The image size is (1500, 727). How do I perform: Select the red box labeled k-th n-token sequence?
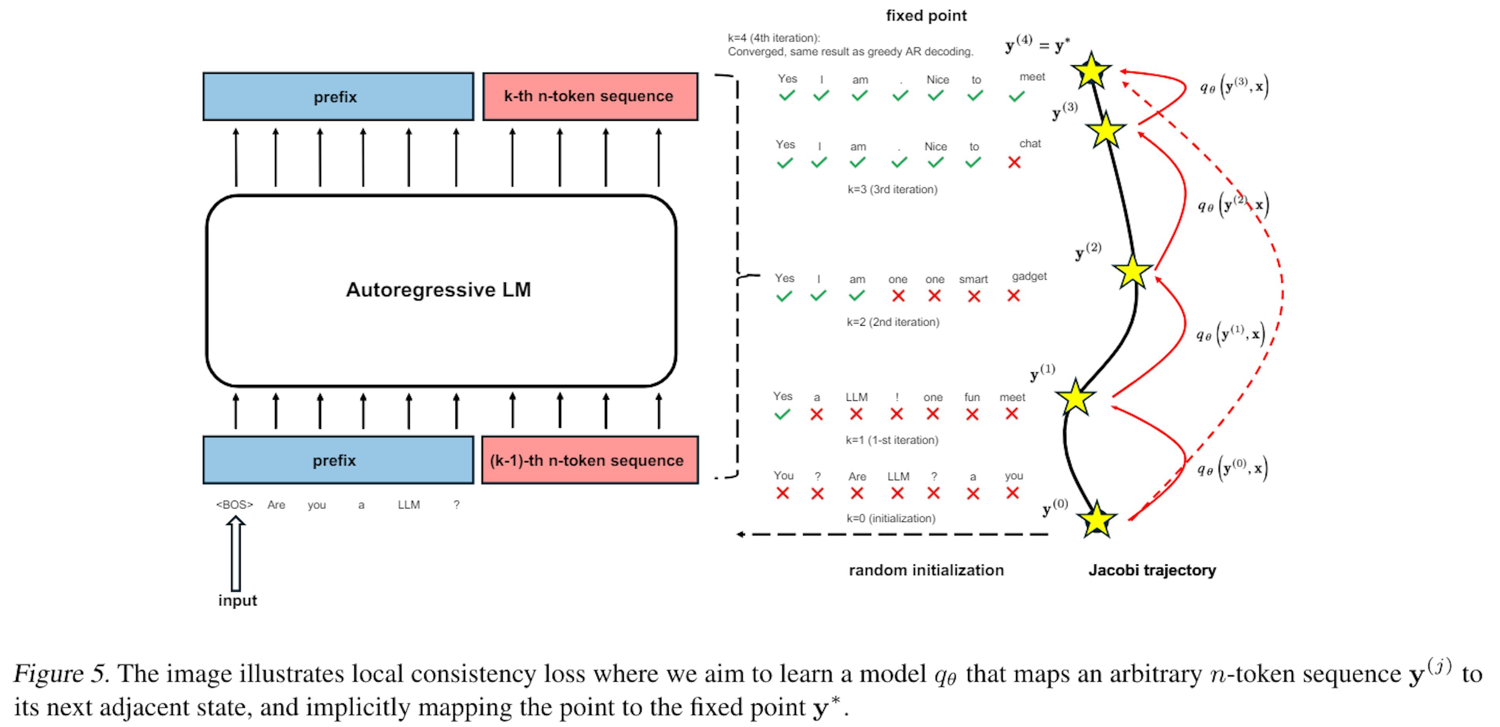pyautogui.click(x=589, y=97)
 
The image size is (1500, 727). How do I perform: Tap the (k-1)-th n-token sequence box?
pyautogui.click(x=589, y=460)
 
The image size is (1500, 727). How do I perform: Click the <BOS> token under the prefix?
pyautogui.click(x=235, y=505)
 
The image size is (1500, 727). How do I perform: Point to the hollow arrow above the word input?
pyautogui.click(x=236, y=553)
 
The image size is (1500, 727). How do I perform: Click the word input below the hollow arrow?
pyautogui.click(x=237, y=601)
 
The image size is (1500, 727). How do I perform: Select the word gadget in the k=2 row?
pyautogui.click(x=1029, y=276)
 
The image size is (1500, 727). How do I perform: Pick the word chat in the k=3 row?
pyautogui.click(x=1030, y=143)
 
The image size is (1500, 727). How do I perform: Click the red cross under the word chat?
pyautogui.click(x=1014, y=163)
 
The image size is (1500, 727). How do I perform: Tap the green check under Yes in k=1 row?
pyautogui.click(x=782, y=414)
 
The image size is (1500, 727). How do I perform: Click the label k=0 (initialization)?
pyautogui.click(x=891, y=518)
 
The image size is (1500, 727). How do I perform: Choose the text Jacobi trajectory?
pyautogui.click(x=1152, y=570)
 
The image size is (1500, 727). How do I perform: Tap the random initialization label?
pyautogui.click(x=926, y=570)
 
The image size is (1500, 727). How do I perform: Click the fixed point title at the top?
pyautogui.click(x=926, y=16)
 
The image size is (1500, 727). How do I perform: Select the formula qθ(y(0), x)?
pyautogui.click(x=1232, y=468)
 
